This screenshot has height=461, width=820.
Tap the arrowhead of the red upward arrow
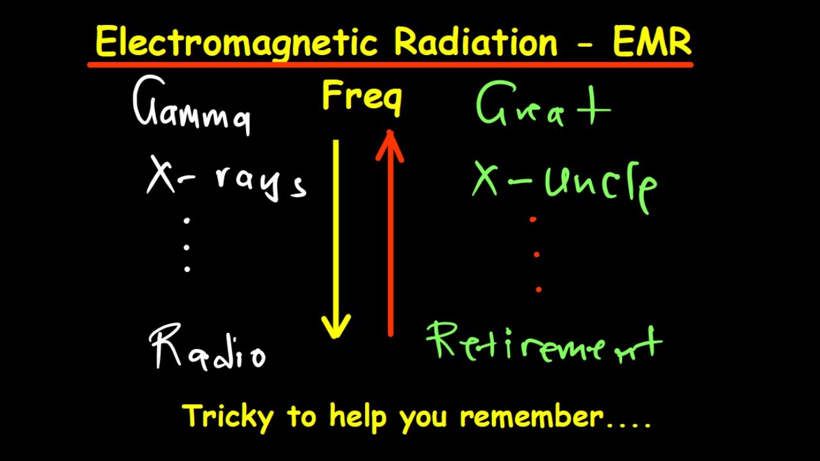(x=389, y=138)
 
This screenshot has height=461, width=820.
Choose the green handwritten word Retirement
(x=544, y=343)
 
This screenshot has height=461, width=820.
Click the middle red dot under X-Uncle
(x=536, y=254)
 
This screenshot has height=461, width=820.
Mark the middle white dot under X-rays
(x=187, y=246)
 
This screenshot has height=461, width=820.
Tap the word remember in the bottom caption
(x=532, y=417)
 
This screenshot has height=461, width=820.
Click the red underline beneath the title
(x=390, y=64)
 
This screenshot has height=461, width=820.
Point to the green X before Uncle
(x=486, y=179)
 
